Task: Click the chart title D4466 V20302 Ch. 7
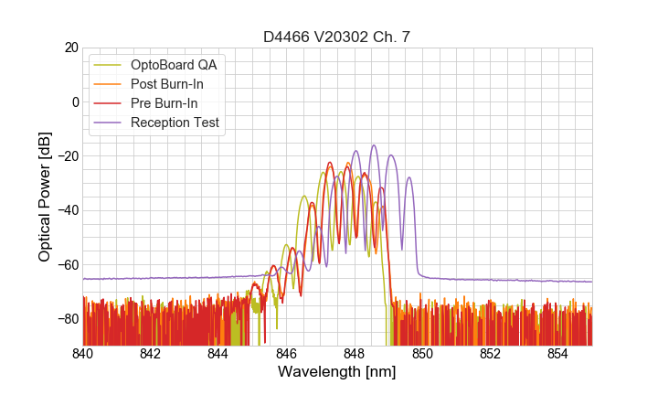pyautogui.click(x=337, y=37)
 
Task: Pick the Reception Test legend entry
pyautogui.click(x=181, y=123)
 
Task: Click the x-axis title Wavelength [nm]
pyautogui.click(x=337, y=373)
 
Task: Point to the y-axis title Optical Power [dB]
pyautogui.click(x=45, y=197)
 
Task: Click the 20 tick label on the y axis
pyautogui.click(x=69, y=48)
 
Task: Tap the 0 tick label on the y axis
pyautogui.click(x=73, y=101)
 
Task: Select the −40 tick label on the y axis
pyautogui.click(x=66, y=210)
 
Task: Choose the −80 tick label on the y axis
pyautogui.click(x=66, y=318)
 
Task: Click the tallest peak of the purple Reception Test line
pyautogui.click(x=373, y=145)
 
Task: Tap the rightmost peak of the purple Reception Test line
pyautogui.click(x=409, y=177)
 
